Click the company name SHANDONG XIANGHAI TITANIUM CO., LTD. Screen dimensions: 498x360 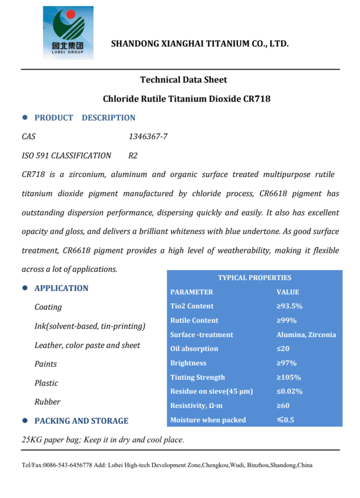200,44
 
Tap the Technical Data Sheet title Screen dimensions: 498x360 183,80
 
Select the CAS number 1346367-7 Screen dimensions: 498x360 148,137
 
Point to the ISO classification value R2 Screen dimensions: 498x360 133,156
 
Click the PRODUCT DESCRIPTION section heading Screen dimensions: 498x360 85,118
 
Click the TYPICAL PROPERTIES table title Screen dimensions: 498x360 254,278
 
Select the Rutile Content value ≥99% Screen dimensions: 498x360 287,320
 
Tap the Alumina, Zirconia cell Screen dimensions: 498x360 306,335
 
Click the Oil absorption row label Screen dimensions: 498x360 194,349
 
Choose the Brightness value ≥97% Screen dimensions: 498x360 287,363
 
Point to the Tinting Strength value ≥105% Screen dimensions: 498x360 288,377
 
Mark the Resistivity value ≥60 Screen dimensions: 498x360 283,406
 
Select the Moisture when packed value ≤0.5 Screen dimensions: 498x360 286,420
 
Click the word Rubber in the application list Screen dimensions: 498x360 48,402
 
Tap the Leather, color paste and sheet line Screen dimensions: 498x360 87,345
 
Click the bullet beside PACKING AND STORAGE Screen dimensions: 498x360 24,421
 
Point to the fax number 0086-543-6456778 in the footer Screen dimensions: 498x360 68,465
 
